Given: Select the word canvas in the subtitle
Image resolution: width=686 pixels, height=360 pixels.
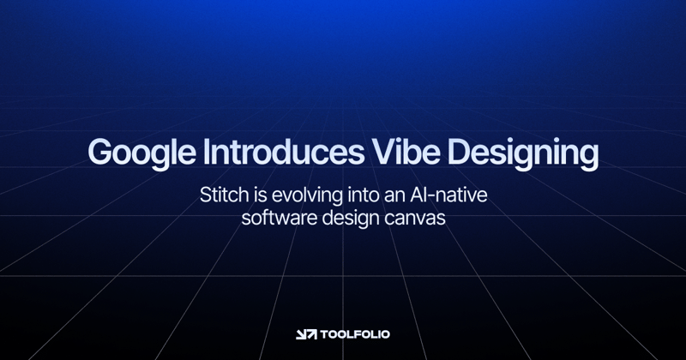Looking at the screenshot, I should tap(418, 219).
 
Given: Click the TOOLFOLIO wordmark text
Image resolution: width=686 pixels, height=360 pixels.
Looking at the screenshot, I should tap(355, 334).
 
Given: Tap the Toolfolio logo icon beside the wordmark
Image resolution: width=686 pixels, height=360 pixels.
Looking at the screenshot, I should tap(306, 334).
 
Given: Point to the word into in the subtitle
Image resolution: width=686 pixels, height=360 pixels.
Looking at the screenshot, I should tap(370, 195).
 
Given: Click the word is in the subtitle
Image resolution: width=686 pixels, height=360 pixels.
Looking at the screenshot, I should tap(258, 195).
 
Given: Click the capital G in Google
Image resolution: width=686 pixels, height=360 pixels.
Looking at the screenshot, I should tap(100, 153).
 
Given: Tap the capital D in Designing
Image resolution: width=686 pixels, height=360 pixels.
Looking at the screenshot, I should tap(459, 153).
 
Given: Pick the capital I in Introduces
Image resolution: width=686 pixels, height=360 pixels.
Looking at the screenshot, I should tap(206, 153).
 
